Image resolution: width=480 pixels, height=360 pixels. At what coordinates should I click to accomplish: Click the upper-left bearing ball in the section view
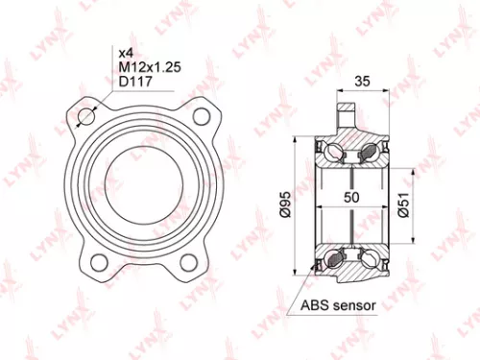click(332, 150)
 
